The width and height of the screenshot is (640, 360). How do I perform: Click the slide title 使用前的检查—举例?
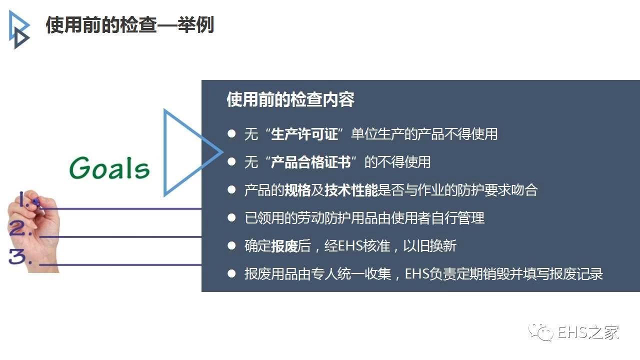coord(130,25)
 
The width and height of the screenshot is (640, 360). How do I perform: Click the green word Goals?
coord(109,168)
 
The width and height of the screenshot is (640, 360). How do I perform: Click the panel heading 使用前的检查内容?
coord(290,99)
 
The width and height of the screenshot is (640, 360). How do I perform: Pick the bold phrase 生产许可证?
coord(304,134)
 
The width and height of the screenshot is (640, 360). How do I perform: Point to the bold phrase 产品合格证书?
coord(310,162)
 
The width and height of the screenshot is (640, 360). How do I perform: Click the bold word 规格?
coord(297,190)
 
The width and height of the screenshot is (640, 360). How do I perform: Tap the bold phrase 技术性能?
coord(351,190)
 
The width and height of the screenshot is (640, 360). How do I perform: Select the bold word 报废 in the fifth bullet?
coord(284,246)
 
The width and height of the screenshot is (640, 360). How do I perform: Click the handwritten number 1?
coord(24,199)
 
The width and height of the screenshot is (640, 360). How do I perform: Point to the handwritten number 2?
coord(19,228)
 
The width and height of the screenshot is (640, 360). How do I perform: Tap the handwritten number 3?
coord(19,256)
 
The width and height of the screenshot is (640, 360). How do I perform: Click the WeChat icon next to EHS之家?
coord(541,332)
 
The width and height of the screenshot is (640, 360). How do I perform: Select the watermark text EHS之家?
coord(588,332)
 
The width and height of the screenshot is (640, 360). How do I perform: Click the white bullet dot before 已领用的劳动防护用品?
coord(231,218)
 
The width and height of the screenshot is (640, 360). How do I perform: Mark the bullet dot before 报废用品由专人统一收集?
coord(231,273)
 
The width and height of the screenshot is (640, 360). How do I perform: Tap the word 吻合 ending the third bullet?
coord(524,190)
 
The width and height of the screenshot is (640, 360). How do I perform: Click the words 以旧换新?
coord(430,246)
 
